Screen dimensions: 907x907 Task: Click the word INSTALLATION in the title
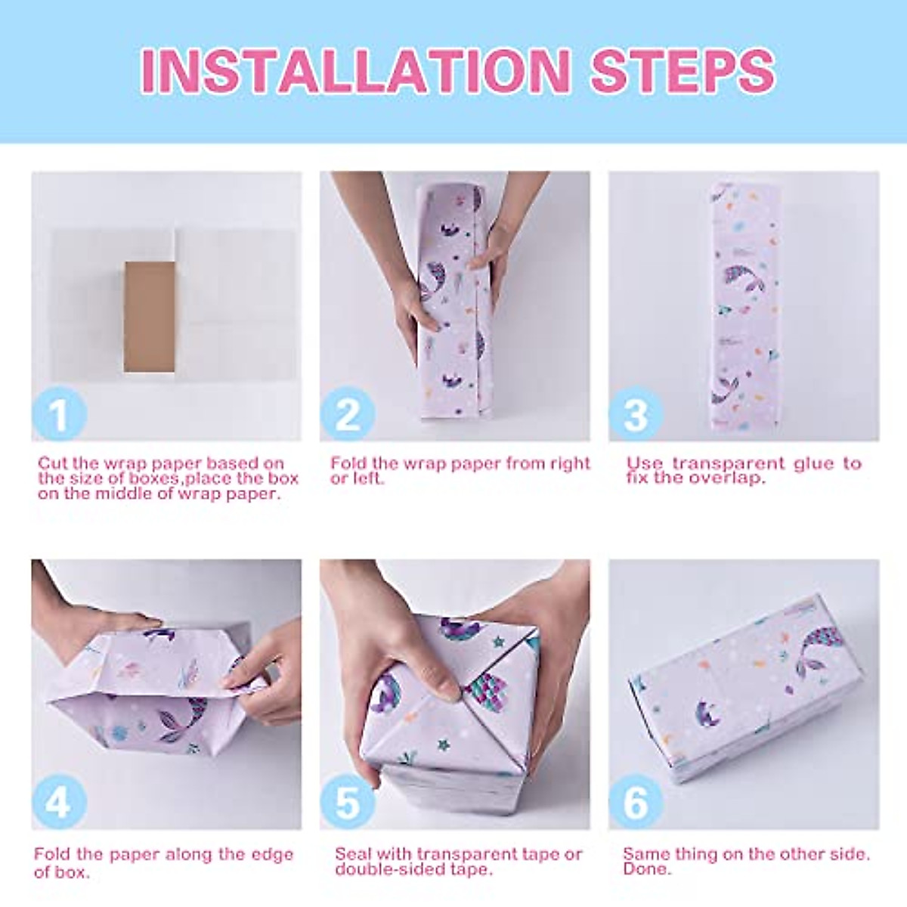[x=355, y=71]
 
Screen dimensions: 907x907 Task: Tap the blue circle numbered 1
[x=59, y=414]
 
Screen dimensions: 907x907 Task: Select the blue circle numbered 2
[x=348, y=414]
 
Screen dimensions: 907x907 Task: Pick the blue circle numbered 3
[x=636, y=414]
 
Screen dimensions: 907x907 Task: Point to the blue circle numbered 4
[x=59, y=803]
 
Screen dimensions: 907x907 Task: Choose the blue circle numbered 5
[x=348, y=803]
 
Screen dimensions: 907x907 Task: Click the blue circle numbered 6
[x=636, y=803]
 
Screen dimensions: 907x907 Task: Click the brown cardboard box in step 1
[x=150, y=317]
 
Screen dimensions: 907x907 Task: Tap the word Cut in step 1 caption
[x=53, y=463]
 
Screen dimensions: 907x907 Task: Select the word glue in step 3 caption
[x=813, y=463]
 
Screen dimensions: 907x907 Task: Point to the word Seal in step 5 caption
[x=353, y=854]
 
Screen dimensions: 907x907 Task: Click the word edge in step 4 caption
[x=271, y=855]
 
